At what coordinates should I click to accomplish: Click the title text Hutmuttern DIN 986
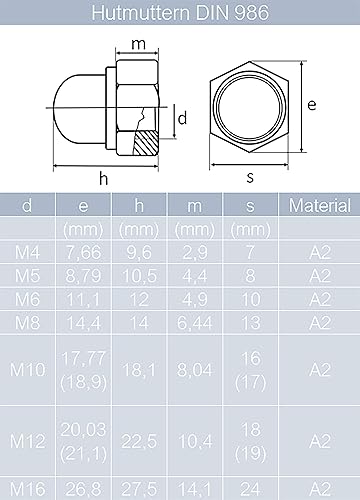coord(180,12)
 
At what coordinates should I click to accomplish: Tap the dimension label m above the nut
coord(138,44)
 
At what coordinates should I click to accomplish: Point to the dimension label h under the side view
coord(104,179)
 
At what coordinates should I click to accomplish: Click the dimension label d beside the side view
coord(182,118)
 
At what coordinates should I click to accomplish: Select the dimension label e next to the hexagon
coord(312,105)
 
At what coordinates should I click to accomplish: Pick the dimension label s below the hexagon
coord(250,177)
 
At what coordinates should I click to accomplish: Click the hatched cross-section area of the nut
coord(145,143)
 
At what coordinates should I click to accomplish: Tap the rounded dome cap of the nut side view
coord(80,109)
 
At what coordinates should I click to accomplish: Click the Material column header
coord(320,205)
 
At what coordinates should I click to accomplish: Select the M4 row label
coord(27,252)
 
